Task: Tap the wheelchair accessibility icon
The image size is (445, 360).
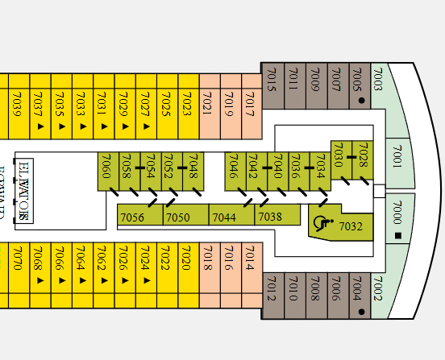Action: pos(322,224)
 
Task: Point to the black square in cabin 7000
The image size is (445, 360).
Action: pos(397,236)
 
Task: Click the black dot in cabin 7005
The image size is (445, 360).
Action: pos(361,101)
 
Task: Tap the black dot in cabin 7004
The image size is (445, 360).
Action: pos(361,311)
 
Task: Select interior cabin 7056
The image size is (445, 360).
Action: pos(132,217)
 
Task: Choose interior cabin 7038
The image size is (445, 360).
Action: pos(270,217)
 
